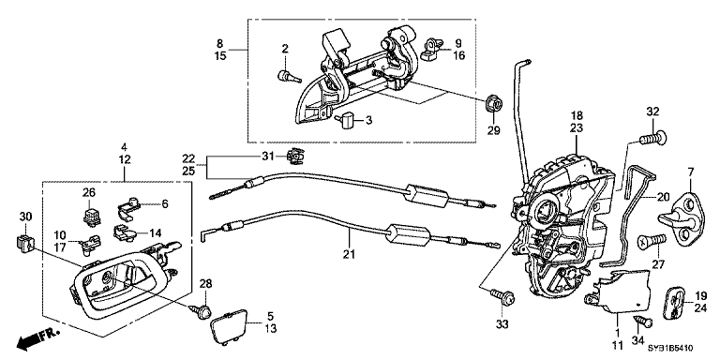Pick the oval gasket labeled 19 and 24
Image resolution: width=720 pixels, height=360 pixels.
point(673,301)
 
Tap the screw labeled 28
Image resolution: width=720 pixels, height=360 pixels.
point(200,307)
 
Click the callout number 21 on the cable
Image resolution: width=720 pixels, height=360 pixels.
point(349,253)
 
